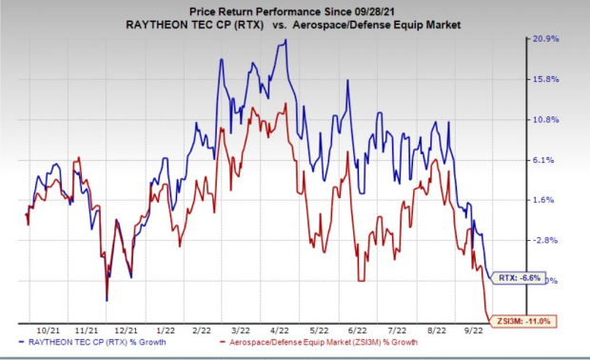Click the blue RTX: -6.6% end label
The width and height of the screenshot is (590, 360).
(x=520, y=278)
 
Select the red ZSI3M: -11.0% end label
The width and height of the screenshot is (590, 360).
(x=522, y=321)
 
